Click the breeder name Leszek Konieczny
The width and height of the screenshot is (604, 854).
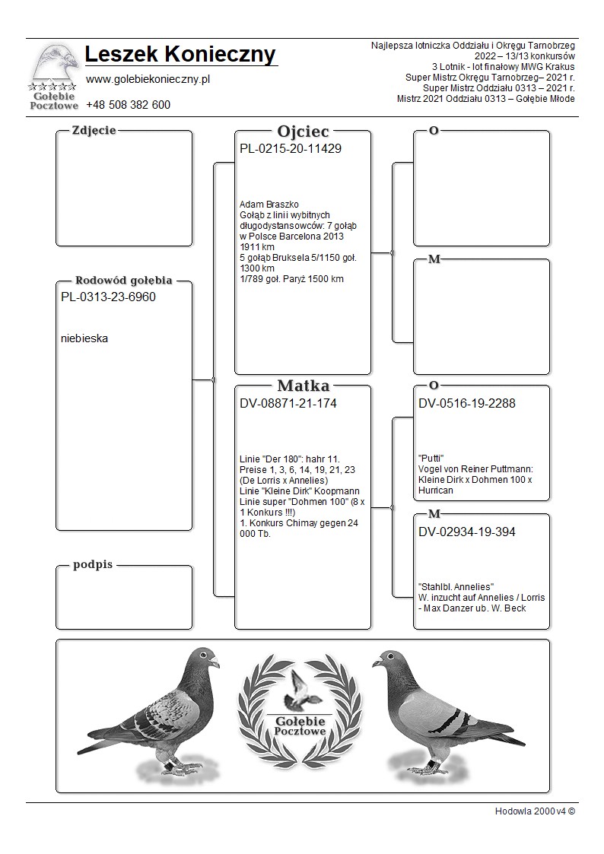pyautogui.click(x=180, y=56)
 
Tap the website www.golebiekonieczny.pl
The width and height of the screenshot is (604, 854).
pyautogui.click(x=148, y=79)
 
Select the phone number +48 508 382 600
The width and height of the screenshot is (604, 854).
pyautogui.click(x=128, y=105)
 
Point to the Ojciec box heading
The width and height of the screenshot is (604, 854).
pyautogui.click(x=303, y=132)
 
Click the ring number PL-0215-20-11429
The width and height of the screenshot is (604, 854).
pyautogui.click(x=290, y=149)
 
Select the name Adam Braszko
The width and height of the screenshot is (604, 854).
pyautogui.click(x=269, y=205)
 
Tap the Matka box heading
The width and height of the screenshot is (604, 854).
pyautogui.click(x=303, y=386)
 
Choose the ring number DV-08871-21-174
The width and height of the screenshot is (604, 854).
pyautogui.click(x=288, y=404)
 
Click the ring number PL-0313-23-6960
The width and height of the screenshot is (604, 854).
pyautogui.click(x=107, y=297)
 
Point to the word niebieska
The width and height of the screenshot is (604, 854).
pyautogui.click(x=84, y=339)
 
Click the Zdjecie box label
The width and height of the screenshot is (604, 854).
pyautogui.click(x=94, y=130)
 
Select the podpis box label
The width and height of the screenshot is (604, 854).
pyautogui.click(x=92, y=565)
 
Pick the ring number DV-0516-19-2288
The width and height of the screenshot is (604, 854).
pyautogui.click(x=466, y=404)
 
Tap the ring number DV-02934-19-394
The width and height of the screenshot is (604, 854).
pyautogui.click(x=466, y=532)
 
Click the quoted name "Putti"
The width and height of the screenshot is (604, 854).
pyautogui.click(x=431, y=458)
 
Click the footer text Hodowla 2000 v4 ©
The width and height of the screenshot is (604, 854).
pyautogui.click(x=535, y=811)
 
